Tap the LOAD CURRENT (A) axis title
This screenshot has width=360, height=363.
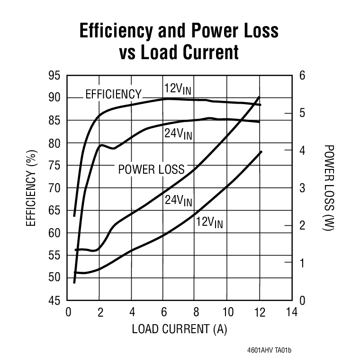pyautogui.click(x=180, y=328)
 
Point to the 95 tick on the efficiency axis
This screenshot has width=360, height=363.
pyautogui.click(x=55, y=76)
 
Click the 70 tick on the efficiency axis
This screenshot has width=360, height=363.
pyautogui.click(x=55, y=188)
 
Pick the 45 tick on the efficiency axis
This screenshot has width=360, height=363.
pyautogui.click(x=55, y=301)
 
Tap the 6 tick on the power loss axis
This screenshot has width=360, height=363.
pyautogui.click(x=302, y=76)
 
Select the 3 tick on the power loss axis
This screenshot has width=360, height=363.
pyautogui.click(x=302, y=188)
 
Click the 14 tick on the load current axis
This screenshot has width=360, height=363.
pyautogui.click(x=291, y=312)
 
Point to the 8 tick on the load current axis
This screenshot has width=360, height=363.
pyautogui.click(x=195, y=312)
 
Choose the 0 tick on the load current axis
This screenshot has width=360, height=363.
pyautogui.click(x=68, y=312)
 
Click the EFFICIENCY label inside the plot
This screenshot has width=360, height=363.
pyautogui.click(x=113, y=94)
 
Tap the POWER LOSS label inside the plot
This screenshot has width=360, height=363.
pyautogui.click(x=151, y=169)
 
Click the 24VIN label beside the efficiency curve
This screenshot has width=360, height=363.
pyautogui.click(x=178, y=134)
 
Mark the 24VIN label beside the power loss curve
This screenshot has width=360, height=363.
pyautogui.click(x=178, y=201)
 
